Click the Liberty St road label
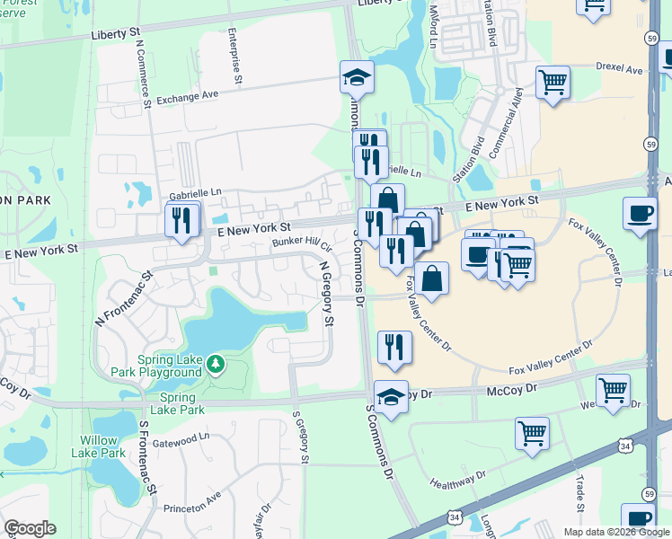(116, 32)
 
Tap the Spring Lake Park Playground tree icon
(215, 363)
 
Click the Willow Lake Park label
(100, 446)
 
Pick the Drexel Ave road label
(620, 68)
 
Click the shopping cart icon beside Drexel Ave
(553, 83)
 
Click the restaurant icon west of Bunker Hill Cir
(181, 220)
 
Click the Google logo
(30, 528)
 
